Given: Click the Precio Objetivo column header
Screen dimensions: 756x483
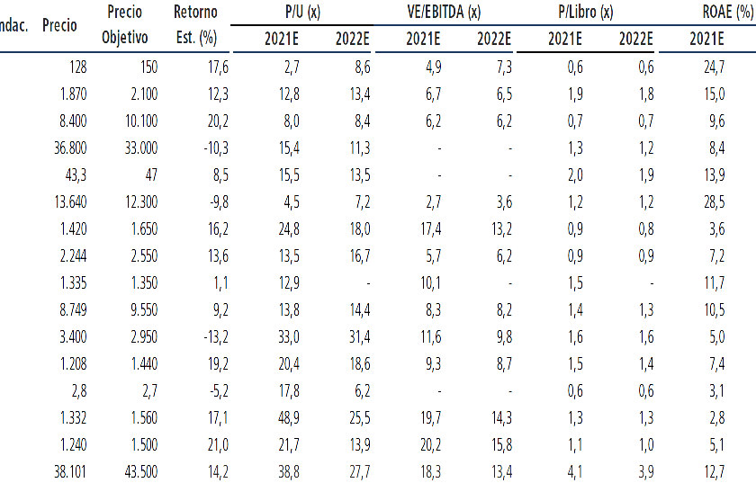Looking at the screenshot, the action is coord(125,24).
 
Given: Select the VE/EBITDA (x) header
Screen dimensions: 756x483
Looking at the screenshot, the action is coord(444,12).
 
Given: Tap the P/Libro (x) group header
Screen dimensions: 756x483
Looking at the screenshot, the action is coord(585,12).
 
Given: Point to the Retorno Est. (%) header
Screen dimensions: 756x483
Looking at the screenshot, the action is coord(196,24).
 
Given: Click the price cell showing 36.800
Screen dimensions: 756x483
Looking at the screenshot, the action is coord(70,148).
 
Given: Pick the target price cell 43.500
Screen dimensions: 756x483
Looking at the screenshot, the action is coord(140,472).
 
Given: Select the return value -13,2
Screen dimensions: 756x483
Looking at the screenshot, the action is coord(216,337).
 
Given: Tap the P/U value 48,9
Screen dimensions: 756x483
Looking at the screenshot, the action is coord(289,418).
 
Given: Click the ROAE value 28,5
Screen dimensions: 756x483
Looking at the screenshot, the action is coord(714,202).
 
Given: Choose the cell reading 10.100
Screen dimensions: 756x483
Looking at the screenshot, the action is coord(140,121).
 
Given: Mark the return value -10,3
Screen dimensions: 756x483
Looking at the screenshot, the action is coord(216,148).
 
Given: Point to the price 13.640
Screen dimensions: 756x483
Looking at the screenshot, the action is coord(70,202).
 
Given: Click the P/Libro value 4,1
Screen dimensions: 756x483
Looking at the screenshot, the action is coord(575,472).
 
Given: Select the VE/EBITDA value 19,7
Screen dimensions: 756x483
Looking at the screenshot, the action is coord(430,418).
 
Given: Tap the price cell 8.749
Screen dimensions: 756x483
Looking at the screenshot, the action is coord(73,310).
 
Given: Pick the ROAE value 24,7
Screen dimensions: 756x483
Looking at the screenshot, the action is coord(714,67).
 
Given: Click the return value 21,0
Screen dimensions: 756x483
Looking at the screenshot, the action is coord(218,445).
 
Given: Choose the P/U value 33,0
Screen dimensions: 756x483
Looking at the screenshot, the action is coord(289,337).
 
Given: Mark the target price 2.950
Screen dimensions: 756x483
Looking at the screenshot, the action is coord(144,337).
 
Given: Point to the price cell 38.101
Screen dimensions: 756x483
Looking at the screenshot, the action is coord(70,472).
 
